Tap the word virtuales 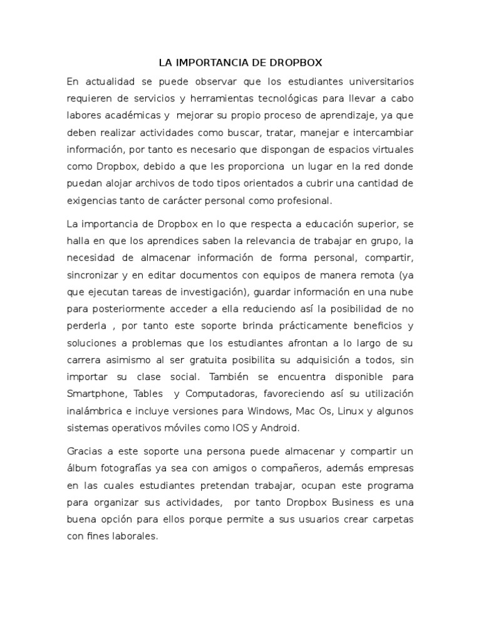coord(388,150)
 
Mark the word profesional coord(300,200)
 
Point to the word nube coord(401,291)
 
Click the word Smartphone coord(97,394)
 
